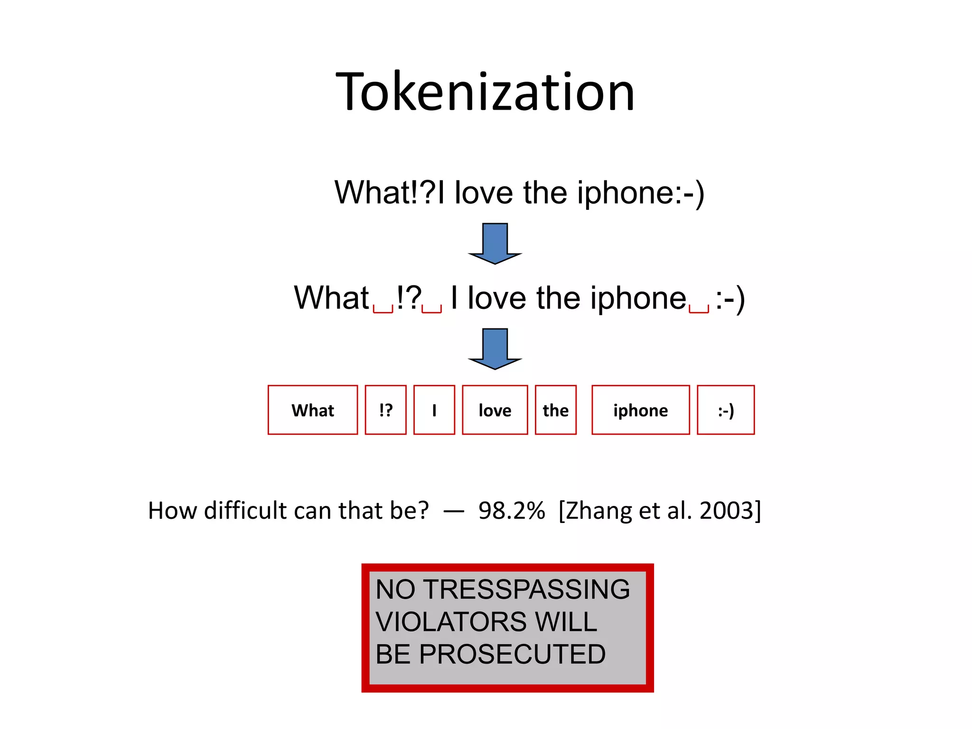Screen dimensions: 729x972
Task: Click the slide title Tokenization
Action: [x=485, y=92]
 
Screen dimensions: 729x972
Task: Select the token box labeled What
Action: [x=312, y=410]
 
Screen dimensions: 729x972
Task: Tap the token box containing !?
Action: [x=385, y=410]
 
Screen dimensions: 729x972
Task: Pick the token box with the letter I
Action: [x=434, y=410]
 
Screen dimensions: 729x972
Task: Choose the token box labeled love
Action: [x=495, y=410]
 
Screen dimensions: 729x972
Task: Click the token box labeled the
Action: [x=555, y=410]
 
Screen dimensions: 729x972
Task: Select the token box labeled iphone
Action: [x=640, y=410]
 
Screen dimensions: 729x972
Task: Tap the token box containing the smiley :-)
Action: [x=725, y=410]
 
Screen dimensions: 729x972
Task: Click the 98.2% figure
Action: [x=511, y=511]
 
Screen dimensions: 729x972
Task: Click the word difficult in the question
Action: [x=245, y=511]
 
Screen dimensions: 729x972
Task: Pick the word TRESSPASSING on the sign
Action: [x=526, y=589]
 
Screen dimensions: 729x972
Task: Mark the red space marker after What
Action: [x=383, y=309]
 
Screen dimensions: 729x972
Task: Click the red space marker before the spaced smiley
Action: [x=699, y=309]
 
